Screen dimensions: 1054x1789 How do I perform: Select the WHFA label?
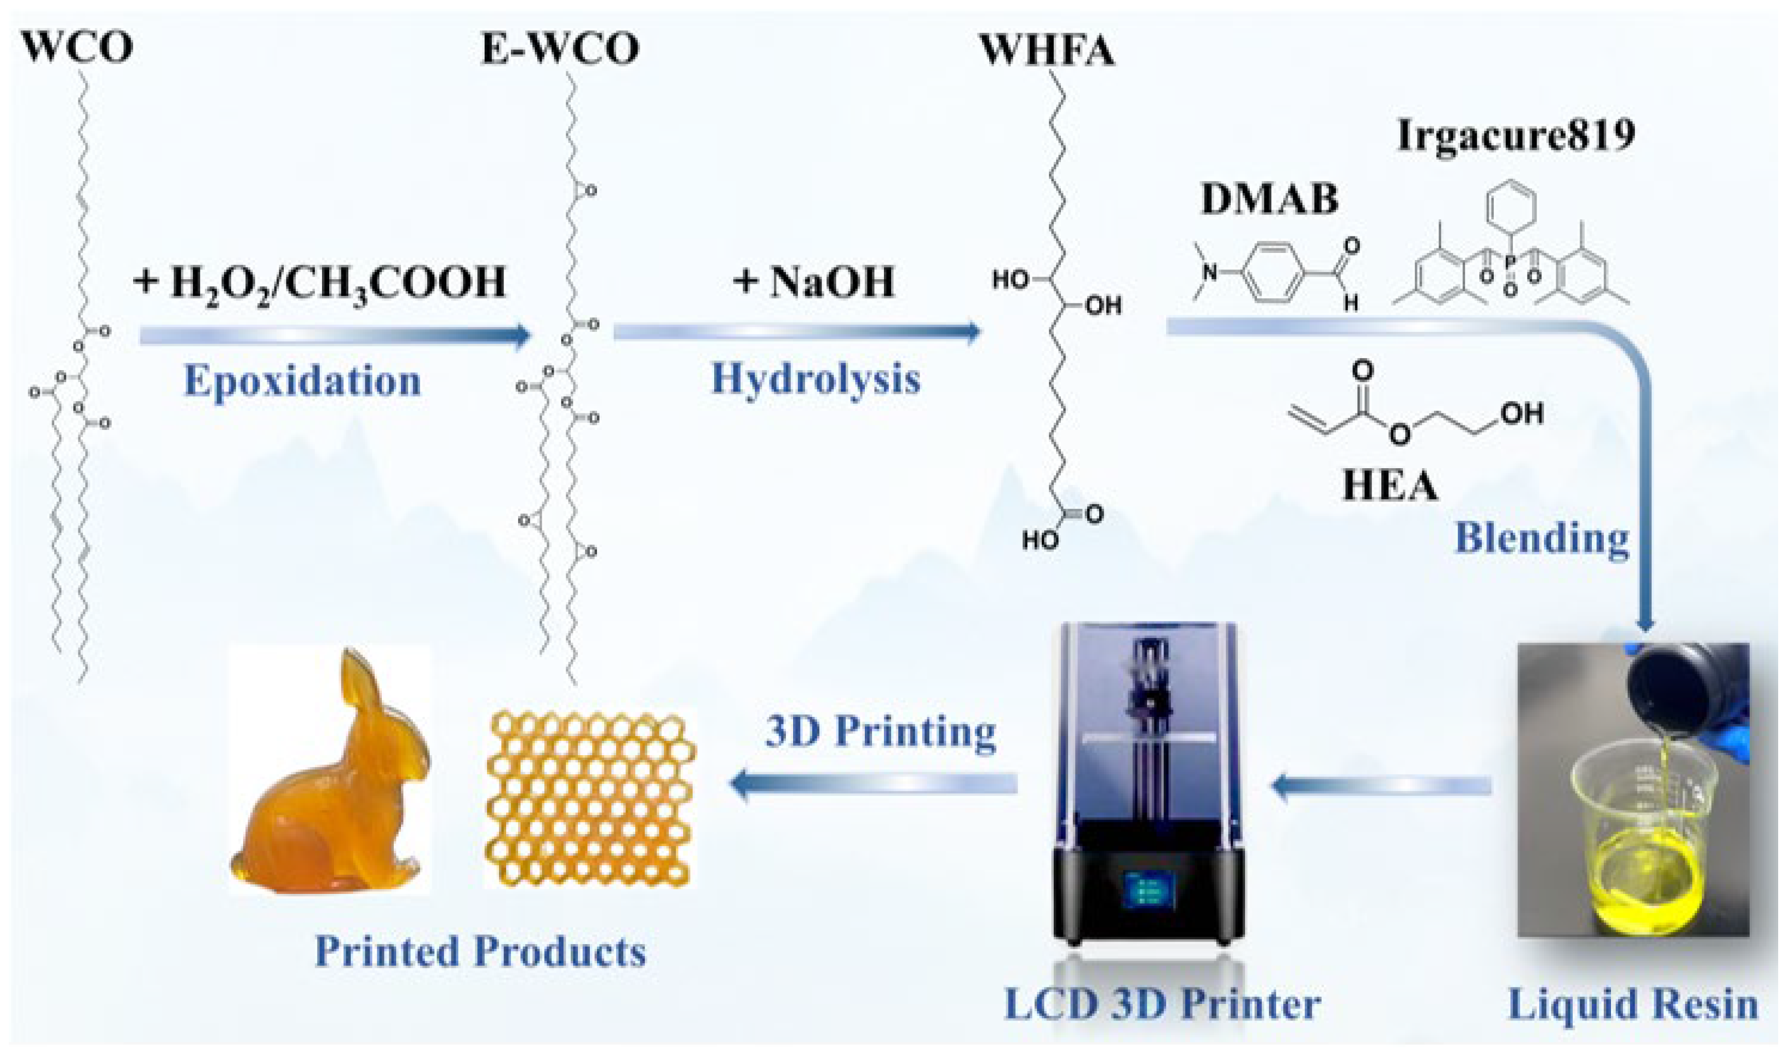pos(1047,51)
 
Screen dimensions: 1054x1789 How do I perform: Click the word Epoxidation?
pos(303,381)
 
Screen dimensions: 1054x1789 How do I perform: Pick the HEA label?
pos(1390,487)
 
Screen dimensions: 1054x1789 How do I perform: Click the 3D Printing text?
pos(880,732)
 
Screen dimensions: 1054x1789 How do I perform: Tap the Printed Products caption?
pos(480,952)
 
